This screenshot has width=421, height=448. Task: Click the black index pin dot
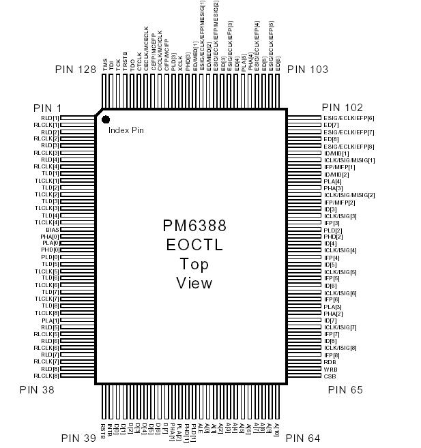tap(106, 120)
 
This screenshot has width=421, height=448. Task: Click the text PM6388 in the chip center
tap(194, 226)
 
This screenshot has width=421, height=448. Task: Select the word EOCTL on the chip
tap(194, 245)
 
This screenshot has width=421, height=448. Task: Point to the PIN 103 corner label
tap(308, 70)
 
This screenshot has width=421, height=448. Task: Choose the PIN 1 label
tap(47, 108)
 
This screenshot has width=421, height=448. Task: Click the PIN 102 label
tap(343, 108)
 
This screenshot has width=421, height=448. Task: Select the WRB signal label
tap(330, 369)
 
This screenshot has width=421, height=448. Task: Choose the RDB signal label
tap(330, 362)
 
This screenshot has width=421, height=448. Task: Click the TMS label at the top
tap(105, 65)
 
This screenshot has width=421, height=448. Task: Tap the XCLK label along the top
tap(179, 63)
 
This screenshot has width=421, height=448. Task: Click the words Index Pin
tap(126, 130)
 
